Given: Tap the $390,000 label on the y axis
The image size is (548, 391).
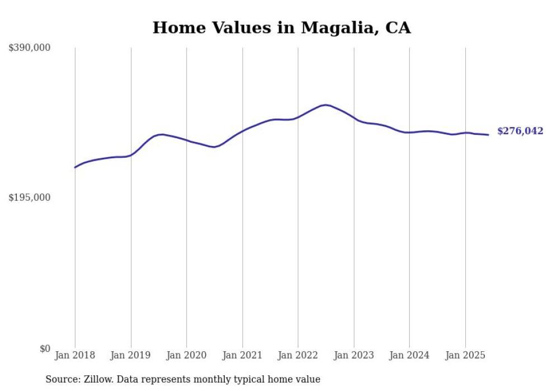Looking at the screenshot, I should click(x=29, y=48).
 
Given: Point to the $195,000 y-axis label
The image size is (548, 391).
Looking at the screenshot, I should click(x=29, y=197).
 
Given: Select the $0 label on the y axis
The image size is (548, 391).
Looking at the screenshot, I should click(x=45, y=348).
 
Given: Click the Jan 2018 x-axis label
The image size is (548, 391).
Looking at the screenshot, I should click(x=75, y=355).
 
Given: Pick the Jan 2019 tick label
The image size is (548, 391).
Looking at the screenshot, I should click(x=131, y=355).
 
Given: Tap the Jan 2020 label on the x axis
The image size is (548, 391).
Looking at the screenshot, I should click(x=186, y=355).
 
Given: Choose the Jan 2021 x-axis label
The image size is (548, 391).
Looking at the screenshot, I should click(x=242, y=355).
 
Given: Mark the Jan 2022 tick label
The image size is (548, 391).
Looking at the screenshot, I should click(x=298, y=355).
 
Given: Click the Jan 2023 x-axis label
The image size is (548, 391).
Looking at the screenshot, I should click(x=353, y=355).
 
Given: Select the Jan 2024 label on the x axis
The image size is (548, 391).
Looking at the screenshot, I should click(x=409, y=355).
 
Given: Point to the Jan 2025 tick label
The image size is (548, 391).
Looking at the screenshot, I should click(x=465, y=355).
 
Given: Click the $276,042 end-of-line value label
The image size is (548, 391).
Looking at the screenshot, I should click(x=519, y=131).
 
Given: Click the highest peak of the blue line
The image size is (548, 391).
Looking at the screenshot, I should click(x=325, y=105).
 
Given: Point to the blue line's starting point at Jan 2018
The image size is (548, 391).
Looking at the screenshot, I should click(x=75, y=167).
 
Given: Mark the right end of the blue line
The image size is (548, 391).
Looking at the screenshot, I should click(x=488, y=135).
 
